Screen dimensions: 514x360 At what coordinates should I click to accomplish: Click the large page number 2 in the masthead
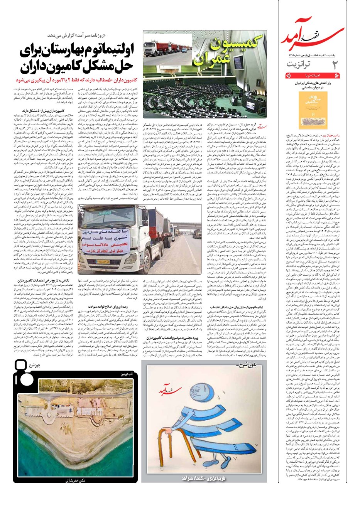point(335,66)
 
